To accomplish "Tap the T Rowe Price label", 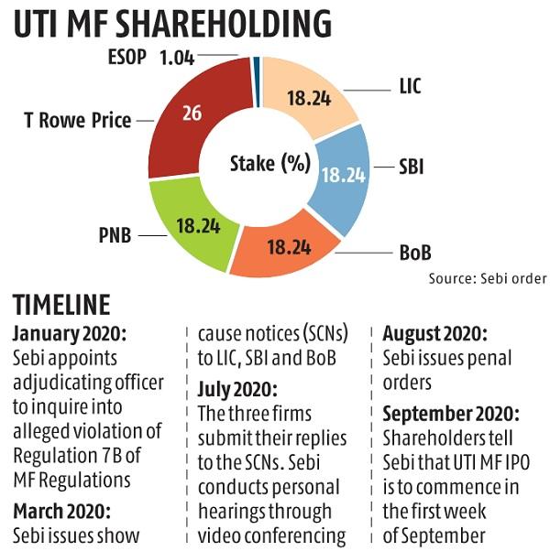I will click(79, 119).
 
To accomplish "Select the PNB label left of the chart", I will click(114, 236).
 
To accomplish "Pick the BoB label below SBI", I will click(412, 251).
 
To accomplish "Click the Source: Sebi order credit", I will click(487, 276).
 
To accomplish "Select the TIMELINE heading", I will click(61, 306).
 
